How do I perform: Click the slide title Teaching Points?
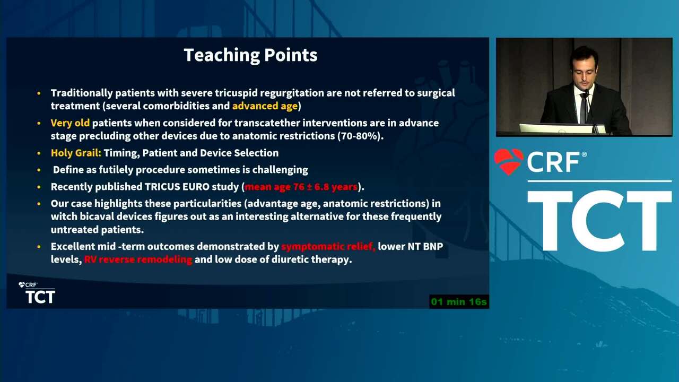click(250, 55)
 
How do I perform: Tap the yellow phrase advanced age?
click(265, 106)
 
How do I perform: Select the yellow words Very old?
click(70, 123)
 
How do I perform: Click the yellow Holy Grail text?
click(76, 153)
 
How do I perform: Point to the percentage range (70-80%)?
click(360, 136)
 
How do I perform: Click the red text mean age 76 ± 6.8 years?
click(301, 187)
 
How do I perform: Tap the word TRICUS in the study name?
click(162, 187)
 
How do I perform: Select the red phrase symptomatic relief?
click(328, 247)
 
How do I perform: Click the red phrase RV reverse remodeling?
click(138, 259)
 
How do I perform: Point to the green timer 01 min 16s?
click(459, 302)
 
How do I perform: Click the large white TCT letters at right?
click(599, 221)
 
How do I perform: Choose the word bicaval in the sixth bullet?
click(97, 216)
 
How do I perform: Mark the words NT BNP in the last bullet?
click(425, 247)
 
